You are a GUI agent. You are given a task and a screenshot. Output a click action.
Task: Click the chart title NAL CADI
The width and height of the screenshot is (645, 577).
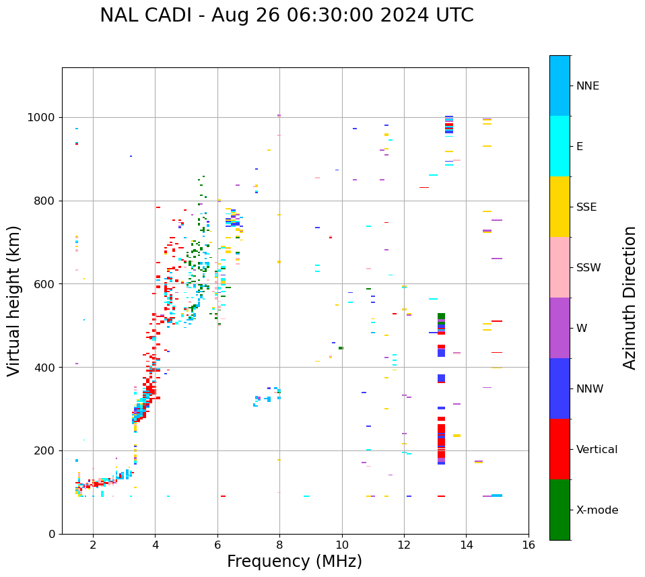[x=286, y=15]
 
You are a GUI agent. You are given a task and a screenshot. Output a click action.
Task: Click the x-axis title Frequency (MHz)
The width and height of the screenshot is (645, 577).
[x=294, y=562]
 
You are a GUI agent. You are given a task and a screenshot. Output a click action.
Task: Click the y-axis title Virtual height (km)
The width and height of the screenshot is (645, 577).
[x=14, y=300]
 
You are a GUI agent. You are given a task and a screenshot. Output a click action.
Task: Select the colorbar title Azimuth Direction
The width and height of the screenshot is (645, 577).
[x=630, y=298]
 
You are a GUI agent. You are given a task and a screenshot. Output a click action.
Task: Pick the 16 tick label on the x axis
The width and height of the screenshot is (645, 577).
[x=529, y=545]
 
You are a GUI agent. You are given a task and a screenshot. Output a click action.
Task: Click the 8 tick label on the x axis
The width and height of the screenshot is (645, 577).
[x=279, y=545]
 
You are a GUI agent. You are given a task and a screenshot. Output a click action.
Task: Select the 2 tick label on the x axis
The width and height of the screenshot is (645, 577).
[x=93, y=545]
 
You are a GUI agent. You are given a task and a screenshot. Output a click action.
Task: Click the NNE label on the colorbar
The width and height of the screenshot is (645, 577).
[x=587, y=86]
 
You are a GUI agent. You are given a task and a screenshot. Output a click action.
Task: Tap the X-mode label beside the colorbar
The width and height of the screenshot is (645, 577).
[x=597, y=510]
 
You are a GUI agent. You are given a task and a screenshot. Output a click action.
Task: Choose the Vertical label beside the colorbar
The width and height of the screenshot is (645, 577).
[x=597, y=449]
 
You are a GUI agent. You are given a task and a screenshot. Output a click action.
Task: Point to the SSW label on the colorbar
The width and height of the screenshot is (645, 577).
[x=588, y=267]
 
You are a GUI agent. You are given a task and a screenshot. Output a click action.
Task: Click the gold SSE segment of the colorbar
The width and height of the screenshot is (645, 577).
[x=559, y=207]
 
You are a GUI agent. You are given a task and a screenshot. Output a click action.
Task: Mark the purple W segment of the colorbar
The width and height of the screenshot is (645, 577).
[x=559, y=328]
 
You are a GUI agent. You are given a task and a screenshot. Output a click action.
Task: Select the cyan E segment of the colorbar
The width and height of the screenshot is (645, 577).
[x=559, y=146]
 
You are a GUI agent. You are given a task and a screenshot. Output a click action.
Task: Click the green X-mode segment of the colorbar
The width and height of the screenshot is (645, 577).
[x=559, y=510]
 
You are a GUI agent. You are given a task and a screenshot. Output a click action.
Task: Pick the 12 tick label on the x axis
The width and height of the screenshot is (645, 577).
[x=404, y=545]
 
